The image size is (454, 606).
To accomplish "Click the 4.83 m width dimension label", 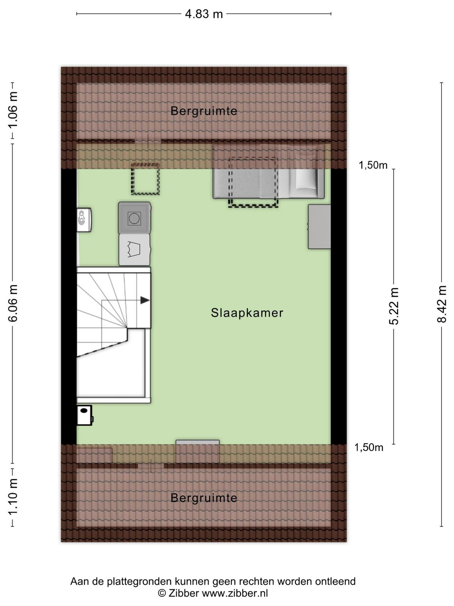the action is click(x=204, y=14).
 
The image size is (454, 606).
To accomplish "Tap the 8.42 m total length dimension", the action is click(x=441, y=304).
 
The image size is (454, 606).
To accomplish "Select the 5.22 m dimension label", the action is click(x=393, y=306).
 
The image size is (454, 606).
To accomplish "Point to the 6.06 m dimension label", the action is click(x=13, y=303).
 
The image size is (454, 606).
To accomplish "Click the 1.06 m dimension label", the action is click(x=13, y=110).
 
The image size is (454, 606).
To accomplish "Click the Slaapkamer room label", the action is click(x=247, y=313).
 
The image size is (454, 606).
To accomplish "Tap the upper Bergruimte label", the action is click(x=204, y=111).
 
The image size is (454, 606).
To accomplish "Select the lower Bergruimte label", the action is click(x=204, y=498).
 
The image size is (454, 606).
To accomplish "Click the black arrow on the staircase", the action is click(x=145, y=300).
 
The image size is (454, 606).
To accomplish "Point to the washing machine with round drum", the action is click(x=135, y=218).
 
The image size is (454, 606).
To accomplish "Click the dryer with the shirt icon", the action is click(x=135, y=250).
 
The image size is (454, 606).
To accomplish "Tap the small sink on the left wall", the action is click(x=84, y=220).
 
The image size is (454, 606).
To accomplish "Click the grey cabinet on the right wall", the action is click(x=319, y=226).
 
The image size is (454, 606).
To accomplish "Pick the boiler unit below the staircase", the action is click(x=84, y=415).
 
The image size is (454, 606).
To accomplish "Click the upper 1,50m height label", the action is click(x=373, y=165).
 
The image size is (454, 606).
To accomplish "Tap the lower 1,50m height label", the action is click(x=368, y=448).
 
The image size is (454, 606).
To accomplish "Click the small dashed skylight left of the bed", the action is click(x=145, y=179).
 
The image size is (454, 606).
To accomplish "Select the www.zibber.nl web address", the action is click(x=235, y=593).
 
